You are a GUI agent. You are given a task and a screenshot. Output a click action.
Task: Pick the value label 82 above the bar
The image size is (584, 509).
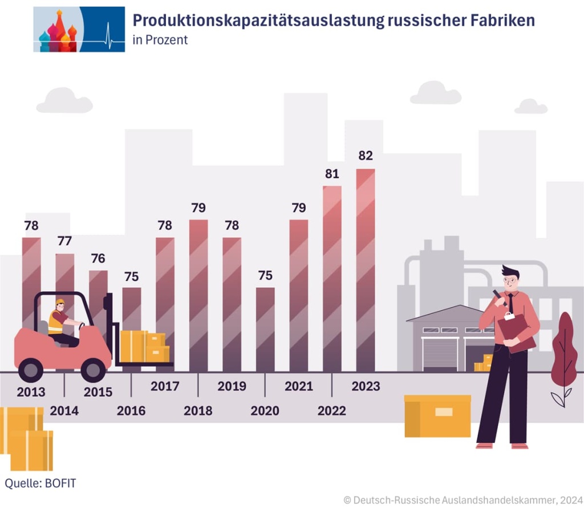pos(366,156)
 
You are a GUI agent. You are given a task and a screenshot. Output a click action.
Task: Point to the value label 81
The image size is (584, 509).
pos(332,174)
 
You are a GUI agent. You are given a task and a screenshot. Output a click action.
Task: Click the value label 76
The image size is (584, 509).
pos(98,258)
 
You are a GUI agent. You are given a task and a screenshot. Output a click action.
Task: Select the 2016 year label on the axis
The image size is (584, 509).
pos(131,410)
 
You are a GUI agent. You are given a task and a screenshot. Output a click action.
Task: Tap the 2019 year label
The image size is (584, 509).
pos(232,386)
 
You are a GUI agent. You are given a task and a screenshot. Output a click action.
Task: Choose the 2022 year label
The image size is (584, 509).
pos(332,410)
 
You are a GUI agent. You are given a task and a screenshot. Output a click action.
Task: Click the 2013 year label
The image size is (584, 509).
pos(31,392)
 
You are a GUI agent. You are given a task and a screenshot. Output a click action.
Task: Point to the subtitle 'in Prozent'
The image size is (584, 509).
pos(160,40)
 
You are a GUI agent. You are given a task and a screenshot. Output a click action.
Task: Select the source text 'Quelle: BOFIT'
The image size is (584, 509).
pos(40,483)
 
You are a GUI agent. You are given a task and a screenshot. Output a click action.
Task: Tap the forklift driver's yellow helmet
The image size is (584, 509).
pos(60,302)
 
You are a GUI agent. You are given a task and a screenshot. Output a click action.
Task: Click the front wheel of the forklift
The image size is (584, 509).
pos(93,370)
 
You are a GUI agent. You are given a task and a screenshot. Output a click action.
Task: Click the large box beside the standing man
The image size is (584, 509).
pos(437,416)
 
